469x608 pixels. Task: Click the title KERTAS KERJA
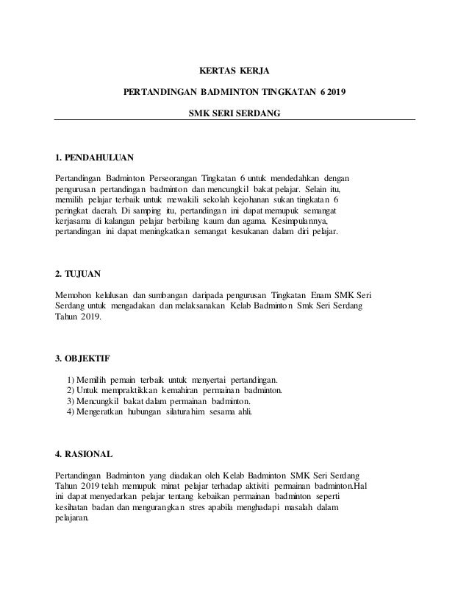coord(235,71)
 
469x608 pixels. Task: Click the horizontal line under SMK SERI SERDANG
coord(234,120)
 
